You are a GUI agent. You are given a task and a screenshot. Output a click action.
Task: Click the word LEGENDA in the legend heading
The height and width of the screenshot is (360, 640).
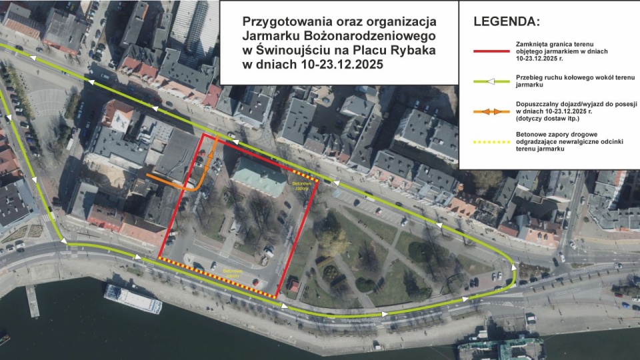click(504, 21)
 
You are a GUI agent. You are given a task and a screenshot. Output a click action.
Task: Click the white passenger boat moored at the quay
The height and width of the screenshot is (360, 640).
click(132, 299)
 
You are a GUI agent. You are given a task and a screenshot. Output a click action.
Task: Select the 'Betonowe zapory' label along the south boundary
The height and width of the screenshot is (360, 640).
click(233, 273)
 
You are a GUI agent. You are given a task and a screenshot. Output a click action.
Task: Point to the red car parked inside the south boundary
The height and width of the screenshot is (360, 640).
click(256, 282)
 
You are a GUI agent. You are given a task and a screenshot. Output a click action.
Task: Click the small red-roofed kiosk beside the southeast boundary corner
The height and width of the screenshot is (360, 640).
click(293, 285)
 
